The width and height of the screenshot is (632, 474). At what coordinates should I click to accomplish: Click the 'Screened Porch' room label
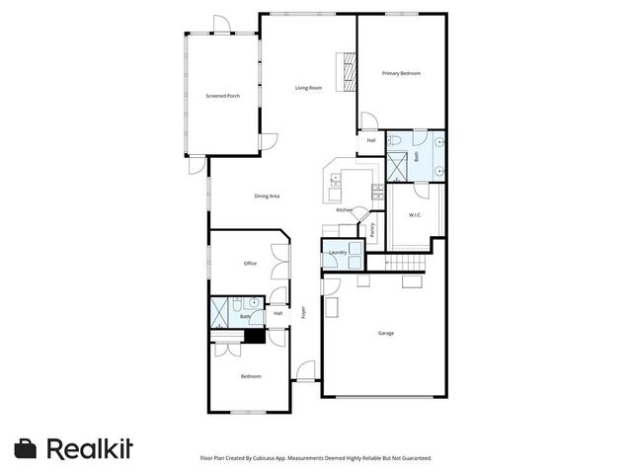coord(222,96)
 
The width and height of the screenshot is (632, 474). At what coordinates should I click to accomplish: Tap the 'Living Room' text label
coord(309,88)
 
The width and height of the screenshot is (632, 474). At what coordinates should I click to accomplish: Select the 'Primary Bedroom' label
coord(402,73)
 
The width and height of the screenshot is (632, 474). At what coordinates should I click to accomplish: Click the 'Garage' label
coord(386,333)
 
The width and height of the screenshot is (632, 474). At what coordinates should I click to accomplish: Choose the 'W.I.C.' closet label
coord(416,215)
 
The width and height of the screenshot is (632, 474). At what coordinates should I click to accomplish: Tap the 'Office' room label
coord(250,264)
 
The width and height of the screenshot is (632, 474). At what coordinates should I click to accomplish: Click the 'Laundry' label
coord(338,253)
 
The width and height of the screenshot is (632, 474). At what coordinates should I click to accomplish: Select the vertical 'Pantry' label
coord(373,229)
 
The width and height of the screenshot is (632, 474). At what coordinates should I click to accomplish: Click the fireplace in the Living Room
coord(345,72)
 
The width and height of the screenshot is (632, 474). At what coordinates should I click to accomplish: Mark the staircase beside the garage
coord(406,262)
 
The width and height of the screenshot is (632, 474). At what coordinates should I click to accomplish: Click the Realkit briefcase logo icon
coord(27,448)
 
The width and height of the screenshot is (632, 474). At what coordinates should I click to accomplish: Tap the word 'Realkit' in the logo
coord(90,448)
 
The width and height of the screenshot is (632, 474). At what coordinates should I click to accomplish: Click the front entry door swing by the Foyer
coord(306,372)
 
